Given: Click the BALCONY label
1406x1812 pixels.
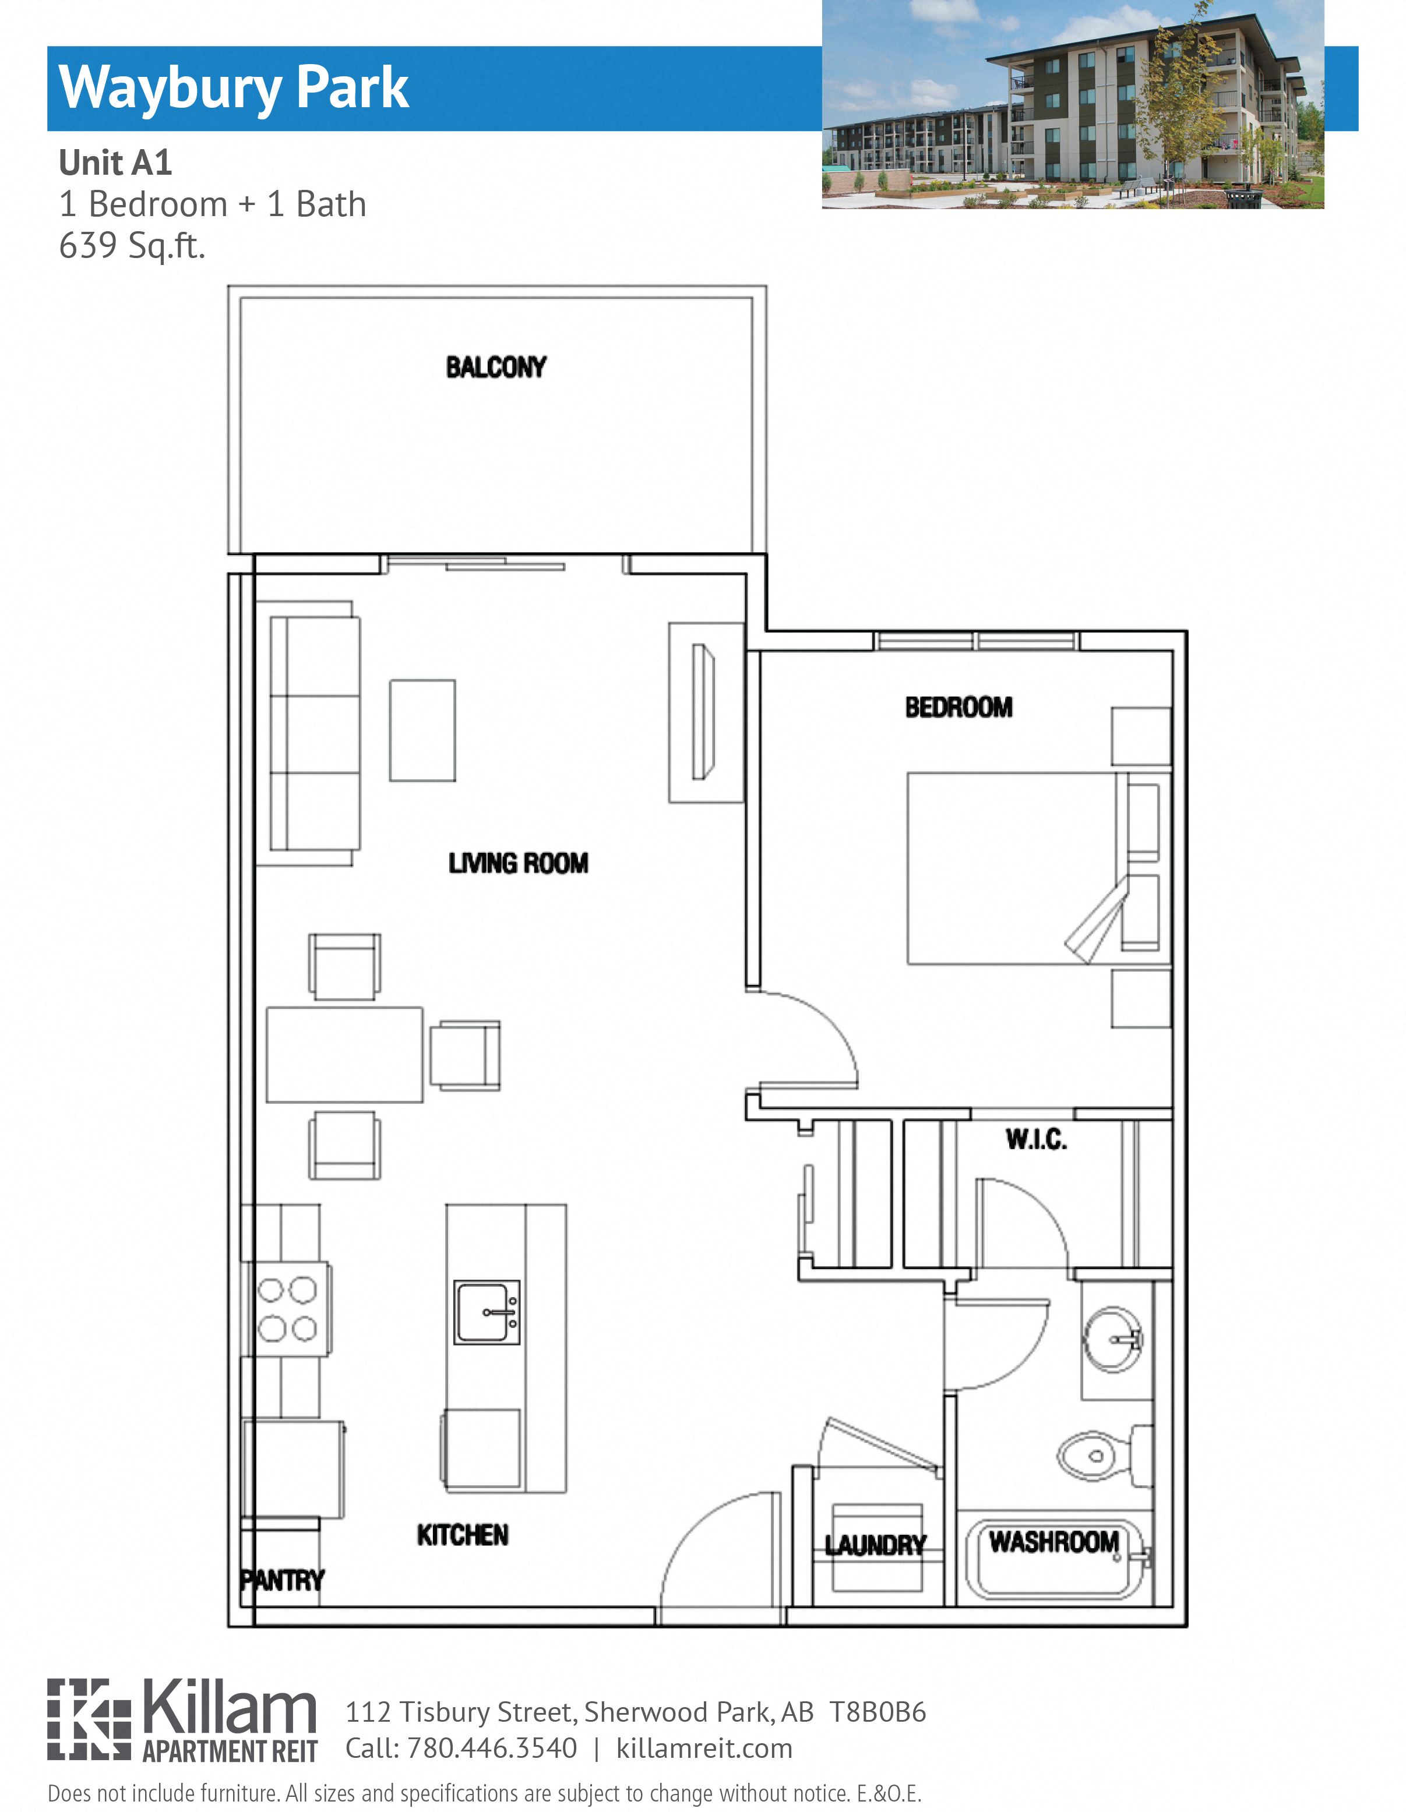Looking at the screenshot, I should click(x=495, y=367).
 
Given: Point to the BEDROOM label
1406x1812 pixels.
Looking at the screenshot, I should click(x=959, y=707).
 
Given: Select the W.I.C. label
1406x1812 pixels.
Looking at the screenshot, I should click(x=1036, y=1139).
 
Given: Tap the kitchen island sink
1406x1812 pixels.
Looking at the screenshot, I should click(x=487, y=1312).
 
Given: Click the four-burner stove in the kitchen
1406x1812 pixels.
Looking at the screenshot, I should click(x=287, y=1309).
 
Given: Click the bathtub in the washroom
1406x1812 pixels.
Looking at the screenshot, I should click(x=1054, y=1560).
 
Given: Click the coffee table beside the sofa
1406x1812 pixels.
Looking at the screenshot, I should click(x=422, y=730).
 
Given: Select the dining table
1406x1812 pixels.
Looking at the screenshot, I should click(x=344, y=1054).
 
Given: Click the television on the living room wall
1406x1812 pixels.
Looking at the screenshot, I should click(x=703, y=712).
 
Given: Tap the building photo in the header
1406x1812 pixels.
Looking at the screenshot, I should click(x=1072, y=104).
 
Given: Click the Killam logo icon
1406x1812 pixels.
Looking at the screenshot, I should click(x=89, y=1718).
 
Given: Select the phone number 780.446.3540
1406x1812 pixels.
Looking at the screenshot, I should click(x=492, y=1747).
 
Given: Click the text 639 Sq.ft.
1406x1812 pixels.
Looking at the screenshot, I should click(x=132, y=246).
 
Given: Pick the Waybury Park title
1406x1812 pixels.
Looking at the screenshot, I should click(x=234, y=87).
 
